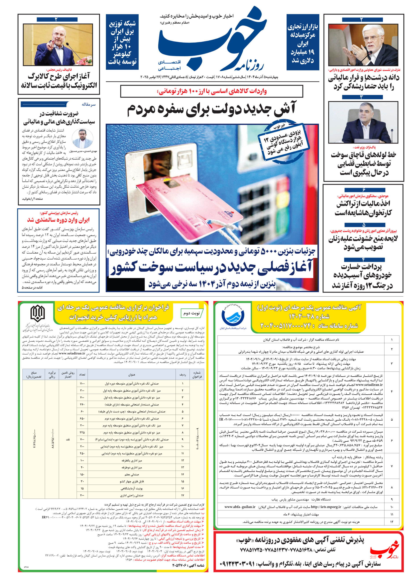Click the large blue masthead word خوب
coord(212,40)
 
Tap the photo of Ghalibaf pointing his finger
coord(58,45)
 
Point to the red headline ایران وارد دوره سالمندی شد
coord(58,220)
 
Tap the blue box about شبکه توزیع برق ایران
coord(122,42)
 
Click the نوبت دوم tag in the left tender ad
coord(191,313)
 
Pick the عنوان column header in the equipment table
coord(132,375)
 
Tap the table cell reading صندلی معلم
coord(132,474)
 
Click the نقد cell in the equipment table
coord(68,439)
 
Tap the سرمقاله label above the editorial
coord(89,104)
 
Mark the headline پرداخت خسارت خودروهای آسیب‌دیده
coord(363,276)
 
